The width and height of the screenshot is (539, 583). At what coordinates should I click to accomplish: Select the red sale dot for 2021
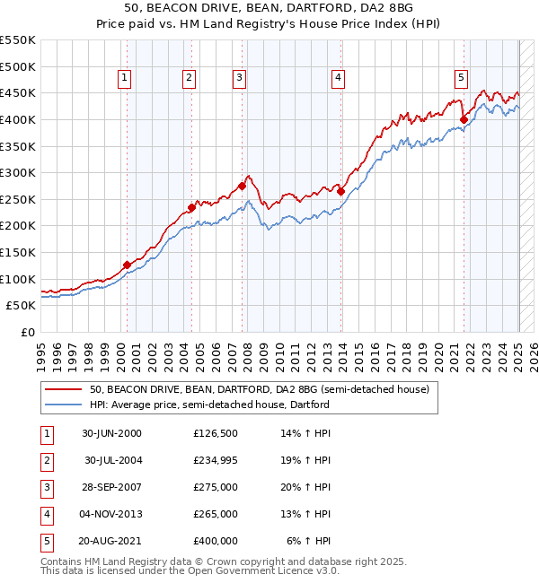coord(464,119)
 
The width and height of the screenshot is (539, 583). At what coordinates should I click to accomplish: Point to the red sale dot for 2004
coord(191,207)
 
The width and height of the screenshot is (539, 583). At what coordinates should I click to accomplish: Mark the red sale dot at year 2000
coord(127,265)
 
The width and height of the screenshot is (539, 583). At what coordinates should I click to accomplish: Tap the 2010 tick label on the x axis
coord(280,355)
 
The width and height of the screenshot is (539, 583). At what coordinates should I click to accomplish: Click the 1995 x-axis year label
coord(41,355)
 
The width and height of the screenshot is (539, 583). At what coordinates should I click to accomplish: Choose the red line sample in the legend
coord(63,390)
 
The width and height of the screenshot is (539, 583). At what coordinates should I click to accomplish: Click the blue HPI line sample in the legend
coord(63,405)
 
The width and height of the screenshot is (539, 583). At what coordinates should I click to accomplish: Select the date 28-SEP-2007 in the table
coord(112,487)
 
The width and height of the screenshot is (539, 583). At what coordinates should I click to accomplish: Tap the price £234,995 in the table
coord(216,460)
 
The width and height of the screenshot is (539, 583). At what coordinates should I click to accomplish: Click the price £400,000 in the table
coord(216,541)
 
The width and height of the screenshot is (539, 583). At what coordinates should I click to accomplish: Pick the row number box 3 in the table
coord(46,487)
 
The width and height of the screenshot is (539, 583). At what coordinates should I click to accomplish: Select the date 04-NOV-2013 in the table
coord(112,514)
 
